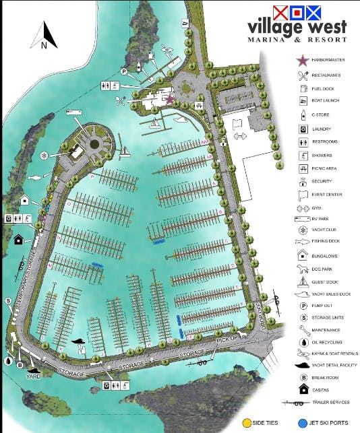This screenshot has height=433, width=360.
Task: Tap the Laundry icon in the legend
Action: click(303, 129)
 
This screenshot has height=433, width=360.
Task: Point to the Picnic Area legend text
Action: click(326, 168)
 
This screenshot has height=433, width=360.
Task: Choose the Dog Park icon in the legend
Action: click(303, 268)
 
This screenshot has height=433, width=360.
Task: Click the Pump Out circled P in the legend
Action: click(303, 306)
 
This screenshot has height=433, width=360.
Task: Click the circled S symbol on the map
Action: click(9, 300)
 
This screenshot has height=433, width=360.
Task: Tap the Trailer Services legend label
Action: click(331, 402)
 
